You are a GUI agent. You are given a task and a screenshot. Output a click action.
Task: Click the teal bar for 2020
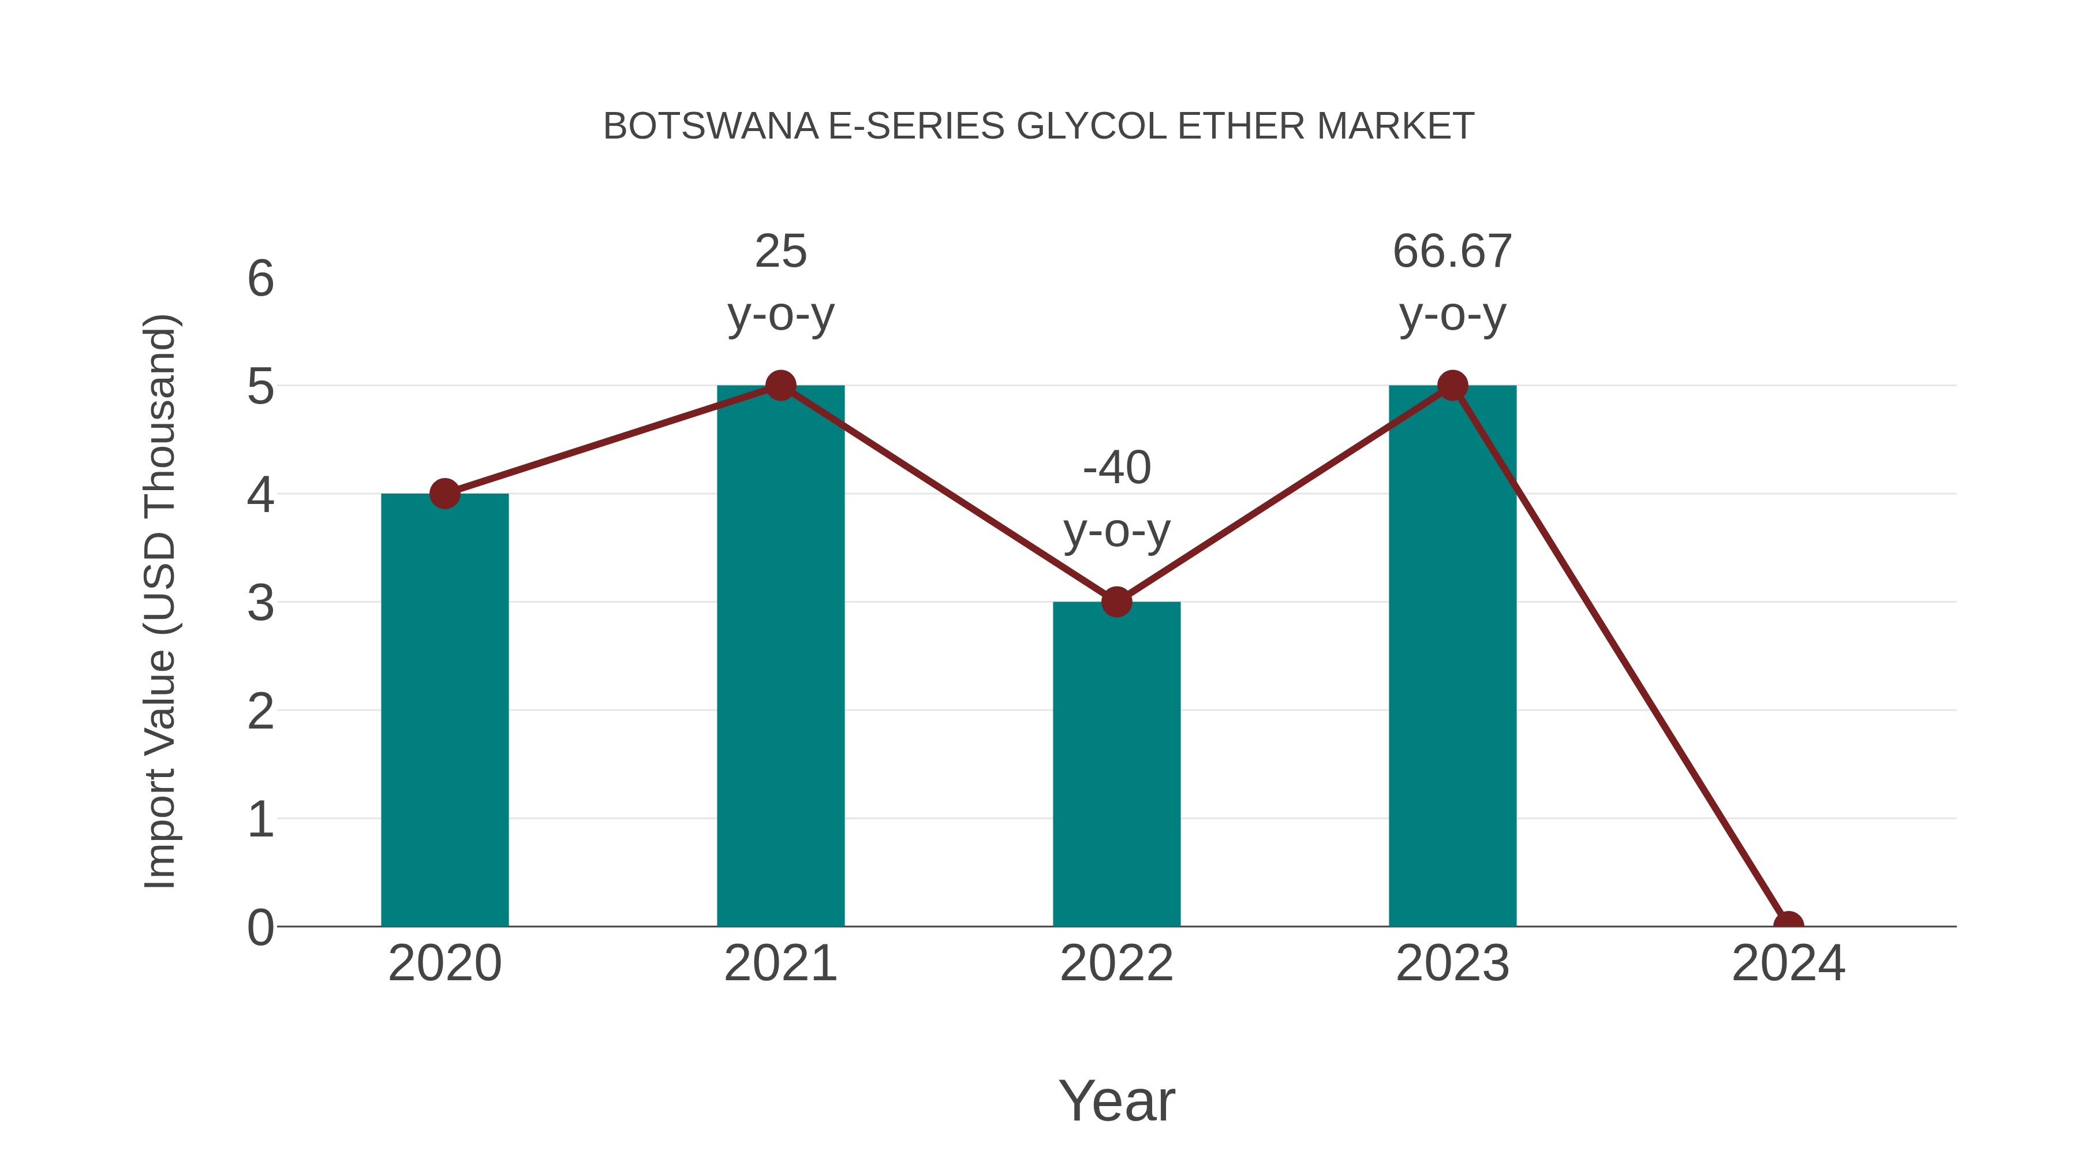(x=444, y=710)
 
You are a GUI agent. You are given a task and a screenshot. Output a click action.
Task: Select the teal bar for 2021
(x=780, y=656)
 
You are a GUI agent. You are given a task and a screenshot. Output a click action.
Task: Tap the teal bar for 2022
(x=1116, y=764)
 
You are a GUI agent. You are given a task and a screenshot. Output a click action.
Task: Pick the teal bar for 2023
(x=1452, y=656)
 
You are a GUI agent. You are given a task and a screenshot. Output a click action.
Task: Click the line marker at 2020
(x=444, y=494)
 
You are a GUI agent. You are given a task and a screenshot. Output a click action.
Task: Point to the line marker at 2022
(x=1116, y=602)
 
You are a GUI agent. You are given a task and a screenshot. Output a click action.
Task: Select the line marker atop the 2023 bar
(x=1452, y=386)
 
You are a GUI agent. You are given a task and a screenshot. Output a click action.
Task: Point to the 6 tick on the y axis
(x=260, y=279)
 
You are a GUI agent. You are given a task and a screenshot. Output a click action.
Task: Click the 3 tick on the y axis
(x=260, y=603)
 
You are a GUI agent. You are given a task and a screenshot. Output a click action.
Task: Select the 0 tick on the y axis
(x=260, y=928)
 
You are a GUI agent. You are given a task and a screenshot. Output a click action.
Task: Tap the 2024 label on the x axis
(x=1788, y=963)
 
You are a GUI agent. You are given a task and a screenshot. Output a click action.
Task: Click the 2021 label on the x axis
(x=780, y=963)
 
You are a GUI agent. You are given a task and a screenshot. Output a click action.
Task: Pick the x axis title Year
(x=1116, y=1100)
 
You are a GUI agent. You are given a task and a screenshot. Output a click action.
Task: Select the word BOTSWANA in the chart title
(x=710, y=126)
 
